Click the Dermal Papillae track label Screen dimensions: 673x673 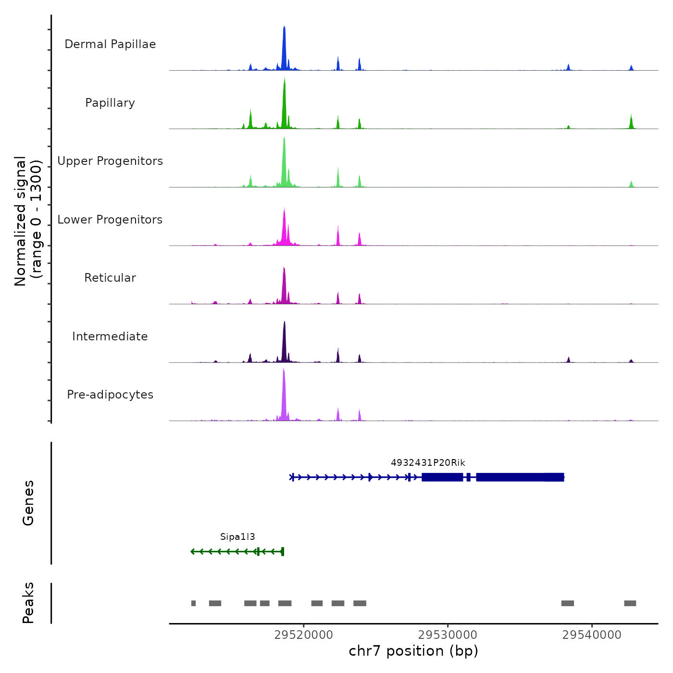110,44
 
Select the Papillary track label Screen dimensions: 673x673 110,103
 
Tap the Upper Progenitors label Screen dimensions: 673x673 110,161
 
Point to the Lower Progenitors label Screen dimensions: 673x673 110,220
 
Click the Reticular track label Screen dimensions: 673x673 110,278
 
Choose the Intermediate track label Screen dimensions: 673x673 110,336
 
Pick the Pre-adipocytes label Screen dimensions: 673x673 110,395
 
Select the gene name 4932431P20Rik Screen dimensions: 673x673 428,463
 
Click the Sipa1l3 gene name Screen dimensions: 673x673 237,537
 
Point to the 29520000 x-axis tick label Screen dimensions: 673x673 303,635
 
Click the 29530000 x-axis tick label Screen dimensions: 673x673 448,635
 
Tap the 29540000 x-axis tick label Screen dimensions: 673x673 592,635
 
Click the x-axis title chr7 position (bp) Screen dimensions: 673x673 413,651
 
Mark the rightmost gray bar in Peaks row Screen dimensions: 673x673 630,603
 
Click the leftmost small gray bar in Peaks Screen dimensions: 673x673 193,603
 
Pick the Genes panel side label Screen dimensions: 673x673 28,503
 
